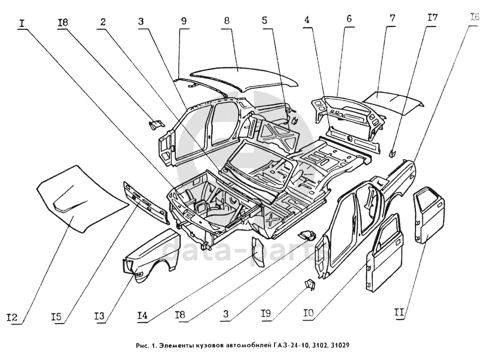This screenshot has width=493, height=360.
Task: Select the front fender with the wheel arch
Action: (x=153, y=254)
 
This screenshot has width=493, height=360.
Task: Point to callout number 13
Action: (x=100, y=316)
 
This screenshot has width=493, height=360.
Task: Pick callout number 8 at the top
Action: (x=227, y=22)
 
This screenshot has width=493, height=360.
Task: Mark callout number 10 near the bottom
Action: (x=309, y=314)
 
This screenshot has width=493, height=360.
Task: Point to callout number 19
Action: (x=266, y=314)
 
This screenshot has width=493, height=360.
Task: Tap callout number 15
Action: (x=57, y=317)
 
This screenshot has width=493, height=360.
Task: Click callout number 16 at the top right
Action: (x=474, y=19)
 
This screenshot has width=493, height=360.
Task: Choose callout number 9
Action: (x=184, y=22)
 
